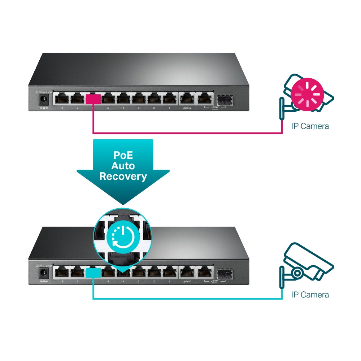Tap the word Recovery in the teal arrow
tap(123, 176)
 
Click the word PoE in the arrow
tap(123, 156)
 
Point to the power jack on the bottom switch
tap(44, 273)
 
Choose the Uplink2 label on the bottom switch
tap(187, 282)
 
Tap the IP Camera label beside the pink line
tap(310, 126)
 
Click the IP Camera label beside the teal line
tap(310, 295)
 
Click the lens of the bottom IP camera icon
tap(297, 273)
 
